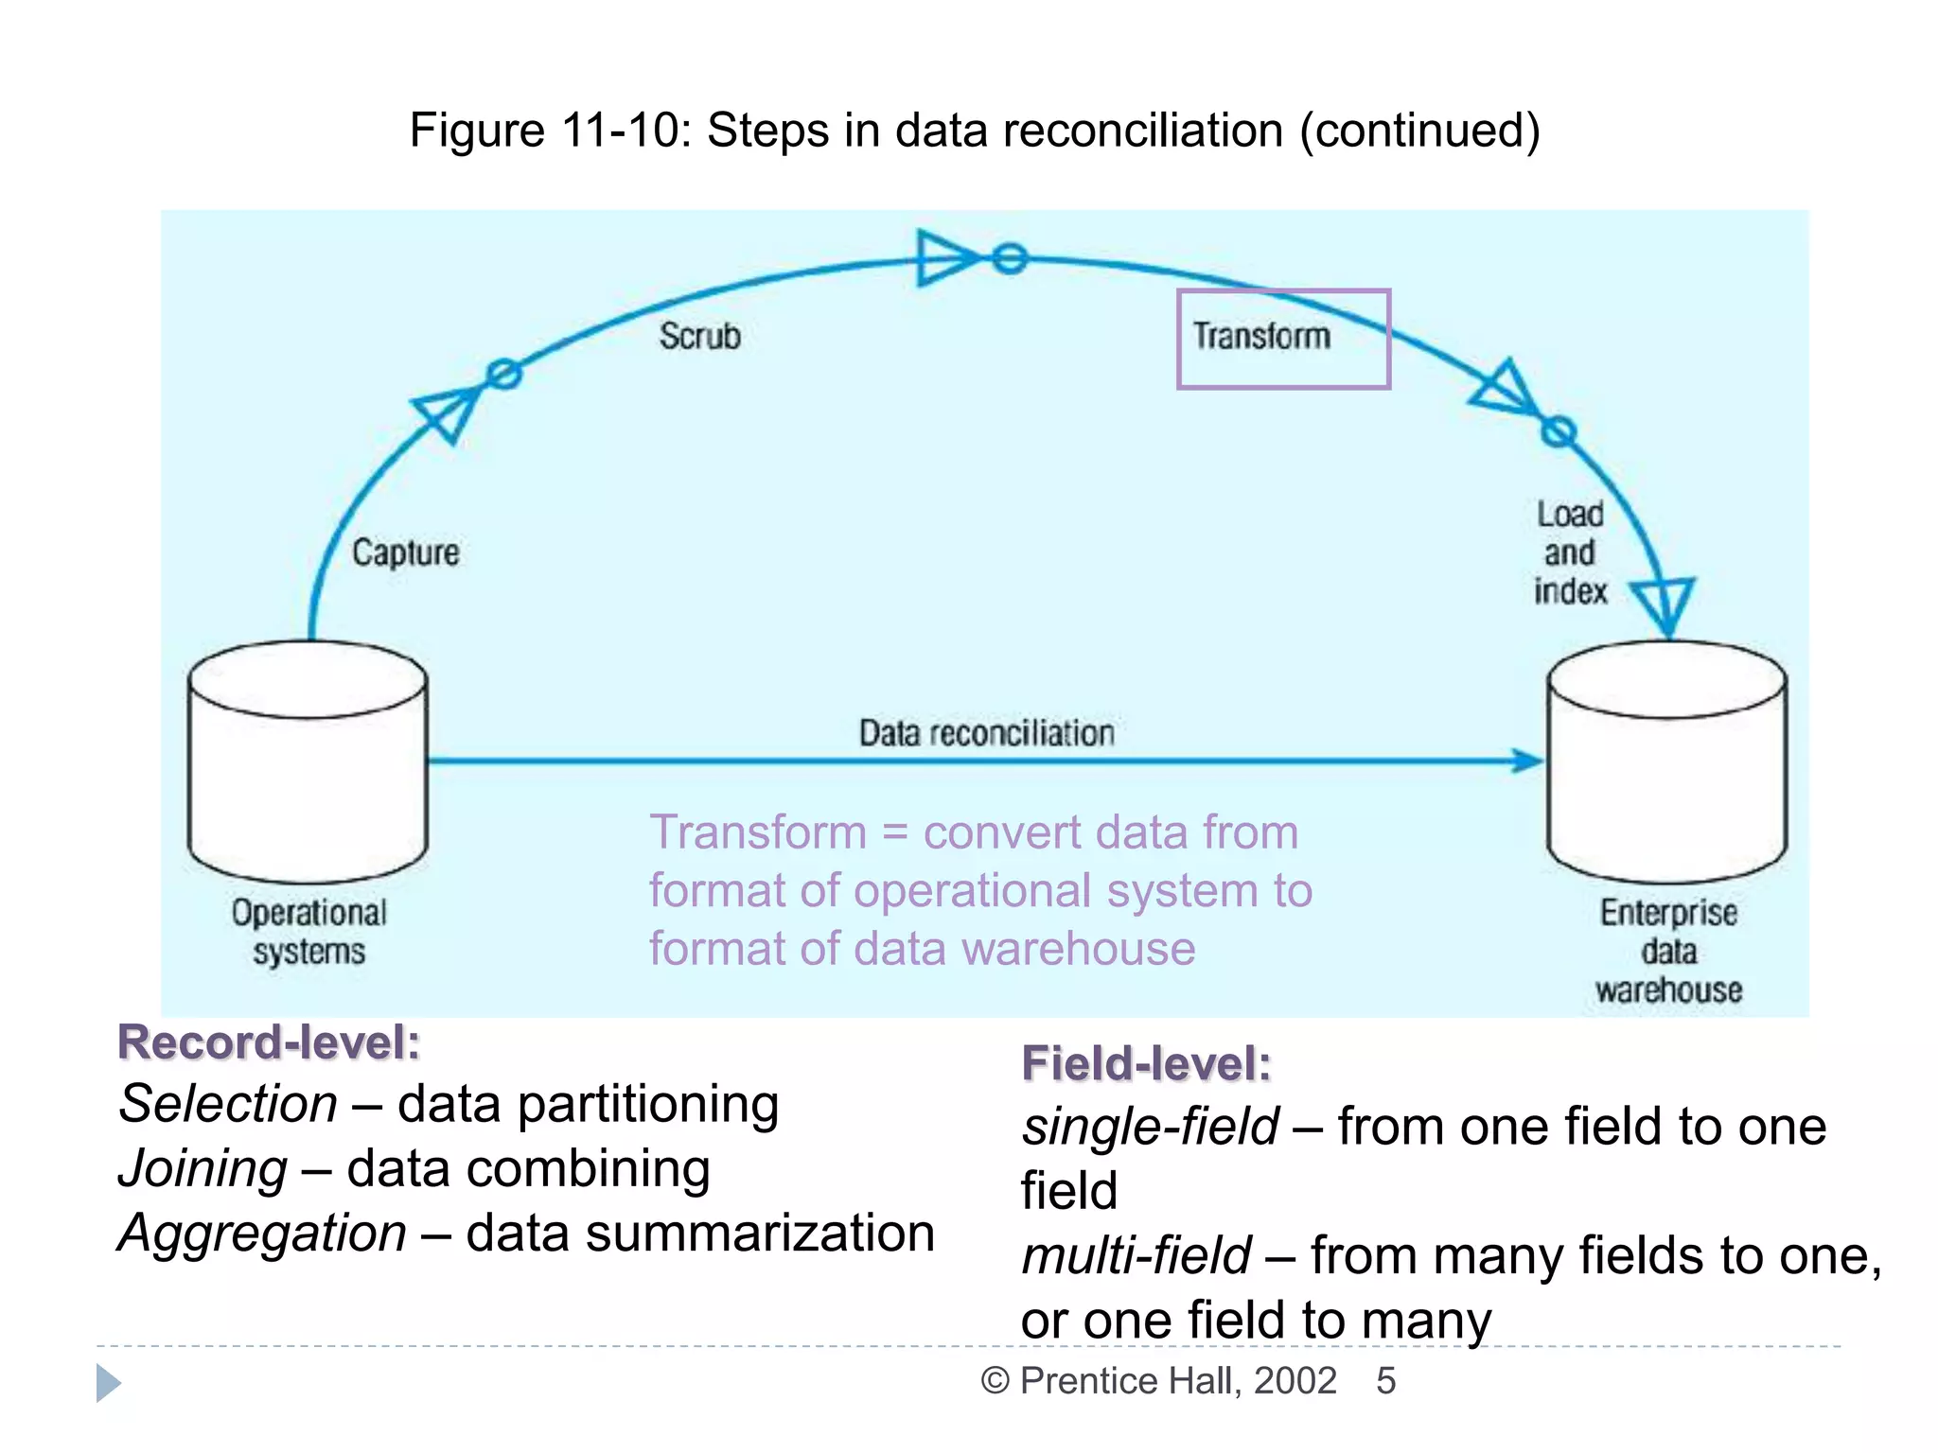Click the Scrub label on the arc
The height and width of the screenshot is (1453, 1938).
699,336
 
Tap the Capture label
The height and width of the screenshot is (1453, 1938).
405,552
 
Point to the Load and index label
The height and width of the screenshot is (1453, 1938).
1570,552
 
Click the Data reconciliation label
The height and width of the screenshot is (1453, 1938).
986,733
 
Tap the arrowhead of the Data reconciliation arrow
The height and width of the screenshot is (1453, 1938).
1525,760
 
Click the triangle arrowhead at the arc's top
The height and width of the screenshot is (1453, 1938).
944,257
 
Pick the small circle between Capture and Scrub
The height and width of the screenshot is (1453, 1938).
503,375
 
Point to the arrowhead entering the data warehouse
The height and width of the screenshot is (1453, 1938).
1664,606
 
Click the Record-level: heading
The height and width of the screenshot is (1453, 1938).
269,1042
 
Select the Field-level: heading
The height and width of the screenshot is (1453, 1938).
1146,1063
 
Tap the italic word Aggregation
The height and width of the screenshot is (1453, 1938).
262,1233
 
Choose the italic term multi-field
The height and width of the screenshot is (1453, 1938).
1136,1255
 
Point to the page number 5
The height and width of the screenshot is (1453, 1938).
1385,1381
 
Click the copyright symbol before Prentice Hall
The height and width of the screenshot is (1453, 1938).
995,1381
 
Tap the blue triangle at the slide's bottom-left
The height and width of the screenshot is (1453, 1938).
108,1383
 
